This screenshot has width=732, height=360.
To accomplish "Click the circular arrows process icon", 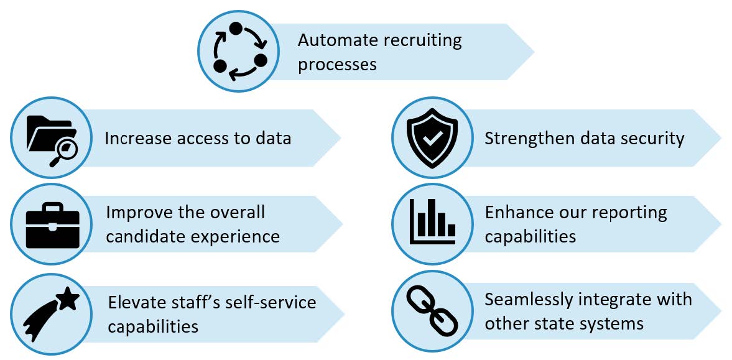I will point(239,52).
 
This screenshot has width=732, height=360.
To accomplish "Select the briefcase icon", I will point(52,225).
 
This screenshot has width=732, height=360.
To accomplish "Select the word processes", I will point(337,65).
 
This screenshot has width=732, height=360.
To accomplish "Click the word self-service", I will point(271,302).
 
